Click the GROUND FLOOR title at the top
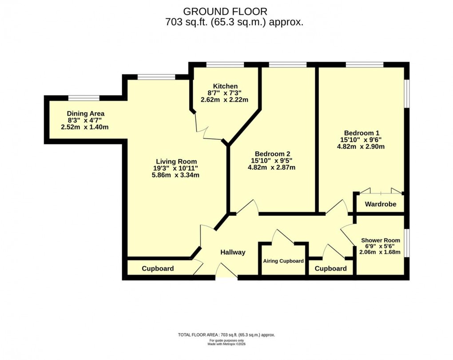226,11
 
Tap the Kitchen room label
225,86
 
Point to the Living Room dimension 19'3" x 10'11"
176,168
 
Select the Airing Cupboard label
283,261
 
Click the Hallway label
233,252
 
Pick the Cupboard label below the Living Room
158,269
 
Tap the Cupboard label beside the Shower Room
330,269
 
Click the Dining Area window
83,98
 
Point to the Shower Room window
406,243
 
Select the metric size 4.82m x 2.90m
361,146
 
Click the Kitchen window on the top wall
225,65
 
